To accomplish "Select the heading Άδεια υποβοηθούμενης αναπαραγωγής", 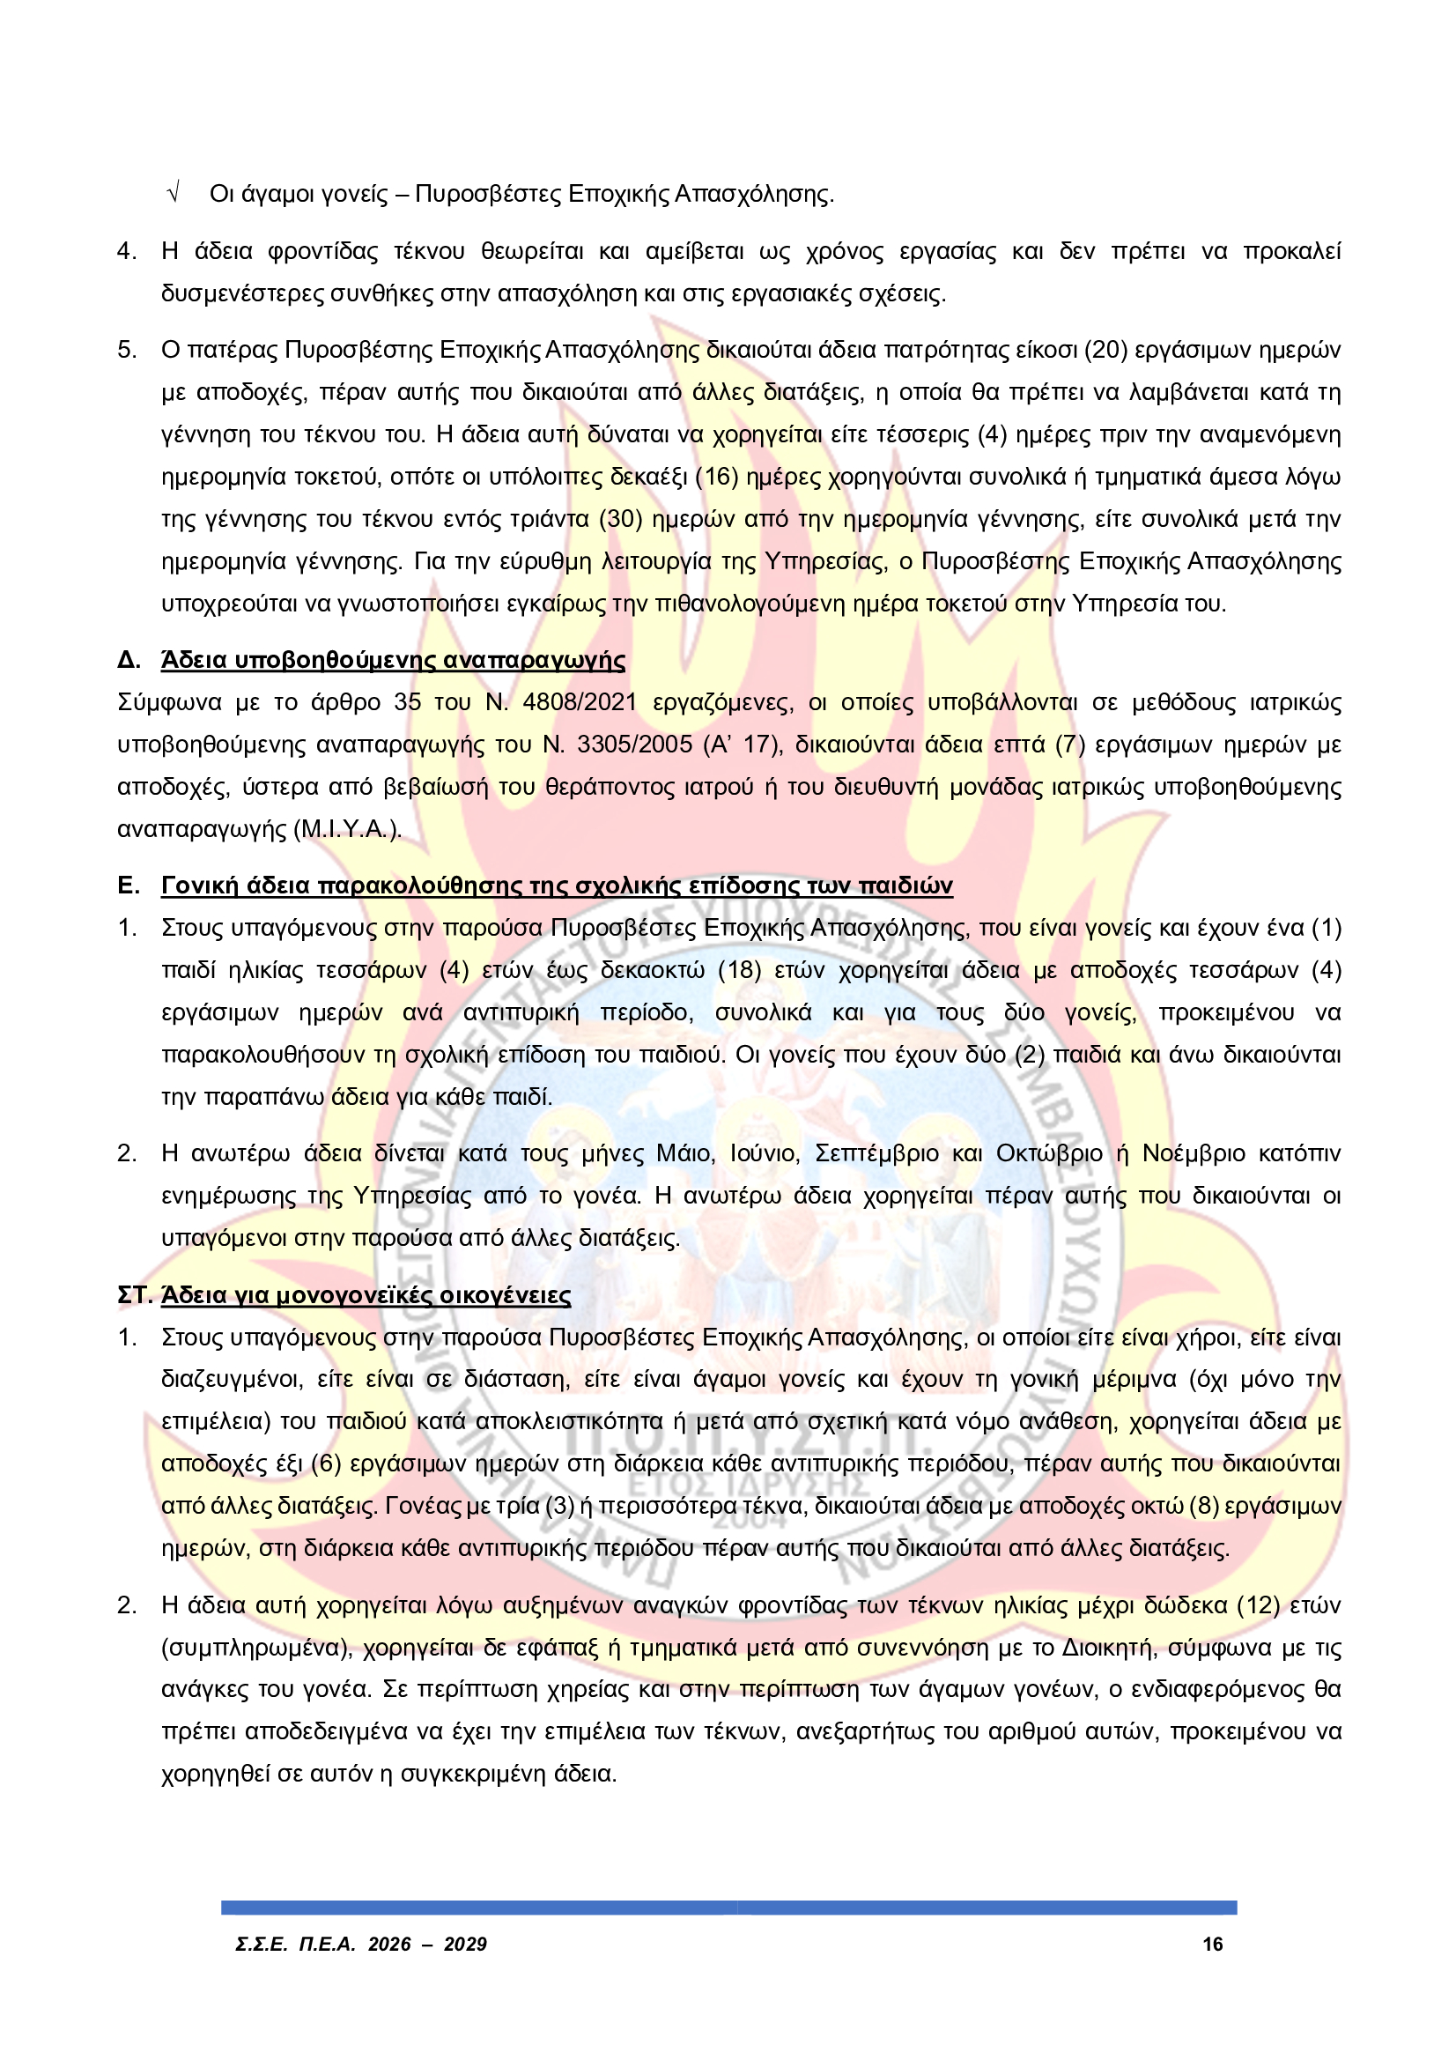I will pyautogui.click(x=393, y=660).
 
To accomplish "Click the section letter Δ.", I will pyautogui.click(x=129, y=660).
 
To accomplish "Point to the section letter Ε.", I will pyautogui.click(x=129, y=886).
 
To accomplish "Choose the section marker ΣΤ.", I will pyautogui.click(x=135, y=1295).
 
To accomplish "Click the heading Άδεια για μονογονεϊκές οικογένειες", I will pyautogui.click(x=366, y=1295).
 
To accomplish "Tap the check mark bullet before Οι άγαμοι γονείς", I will pyautogui.click(x=174, y=193).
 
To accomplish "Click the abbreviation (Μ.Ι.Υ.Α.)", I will pyautogui.click(x=347, y=829).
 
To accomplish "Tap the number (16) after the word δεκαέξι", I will pyautogui.click(x=716, y=477).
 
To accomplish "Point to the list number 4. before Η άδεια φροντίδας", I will pyautogui.click(x=127, y=251).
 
